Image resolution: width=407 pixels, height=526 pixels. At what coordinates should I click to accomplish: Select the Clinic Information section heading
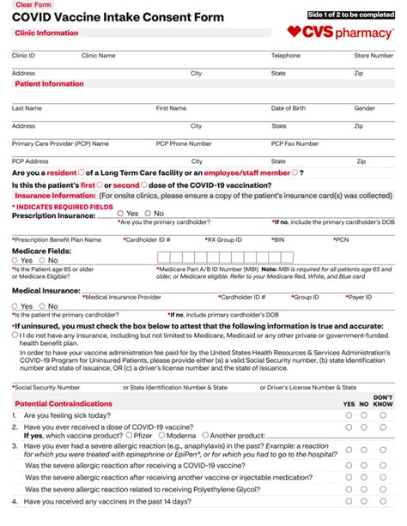pos(46,33)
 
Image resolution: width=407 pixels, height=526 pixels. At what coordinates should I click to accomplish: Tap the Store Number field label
pos(374,55)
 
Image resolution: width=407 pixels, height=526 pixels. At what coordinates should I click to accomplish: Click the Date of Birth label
pos(289,108)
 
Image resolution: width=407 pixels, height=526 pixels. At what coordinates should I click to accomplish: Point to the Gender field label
pos(364,108)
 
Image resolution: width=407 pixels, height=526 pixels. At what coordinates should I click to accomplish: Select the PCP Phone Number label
pos(184,143)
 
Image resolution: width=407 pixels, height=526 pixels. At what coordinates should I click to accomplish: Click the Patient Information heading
pos(49,84)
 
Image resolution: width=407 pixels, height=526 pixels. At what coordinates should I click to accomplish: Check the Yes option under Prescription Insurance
pos(122,214)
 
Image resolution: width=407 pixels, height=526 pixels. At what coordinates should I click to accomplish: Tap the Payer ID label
pos(359,297)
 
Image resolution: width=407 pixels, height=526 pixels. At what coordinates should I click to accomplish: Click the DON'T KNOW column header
pos(383,401)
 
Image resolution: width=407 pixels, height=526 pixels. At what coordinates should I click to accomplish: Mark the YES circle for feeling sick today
pos(349,414)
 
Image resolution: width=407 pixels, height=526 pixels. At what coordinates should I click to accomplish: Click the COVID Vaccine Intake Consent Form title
pos(118,17)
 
